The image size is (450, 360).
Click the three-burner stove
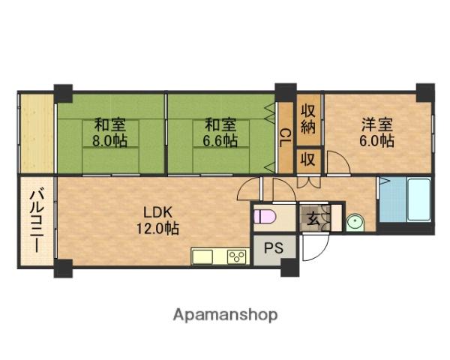tap(238, 257)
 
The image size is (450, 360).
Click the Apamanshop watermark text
tap(225, 314)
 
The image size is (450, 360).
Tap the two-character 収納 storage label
tap(307, 118)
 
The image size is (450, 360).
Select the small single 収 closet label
tap(307, 159)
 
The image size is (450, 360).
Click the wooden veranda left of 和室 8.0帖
tap(35, 132)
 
